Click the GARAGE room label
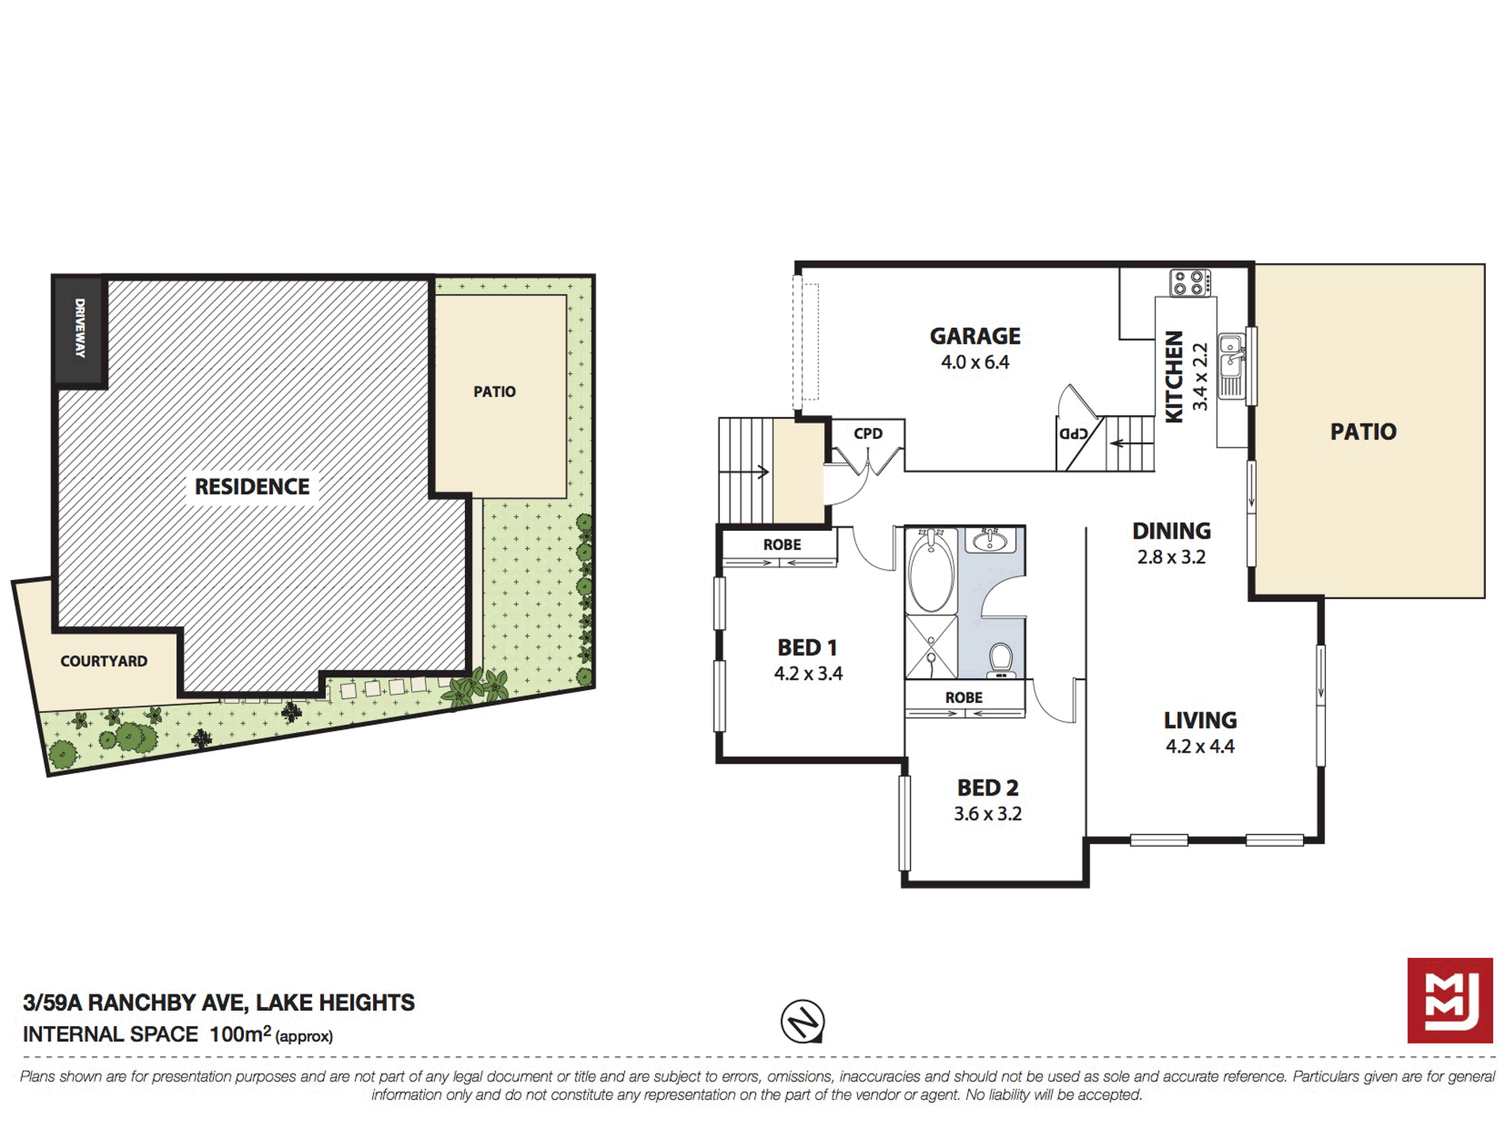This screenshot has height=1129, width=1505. [x=975, y=336]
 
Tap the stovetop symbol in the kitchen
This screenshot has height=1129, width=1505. [x=1191, y=283]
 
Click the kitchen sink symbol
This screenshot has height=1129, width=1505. [x=1231, y=356]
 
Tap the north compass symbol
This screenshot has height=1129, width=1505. [x=802, y=1021]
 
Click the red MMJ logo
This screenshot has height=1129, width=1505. [x=1450, y=1000]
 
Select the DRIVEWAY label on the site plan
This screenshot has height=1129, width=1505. [x=79, y=327]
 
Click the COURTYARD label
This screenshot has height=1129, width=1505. [x=104, y=661]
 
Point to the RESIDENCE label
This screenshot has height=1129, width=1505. [x=252, y=486]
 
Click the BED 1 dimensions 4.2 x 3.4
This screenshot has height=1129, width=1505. [x=808, y=673]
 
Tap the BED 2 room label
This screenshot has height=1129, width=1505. [x=988, y=788]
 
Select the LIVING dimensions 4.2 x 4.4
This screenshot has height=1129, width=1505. [x=1200, y=746]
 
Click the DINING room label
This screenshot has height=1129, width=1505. [x=1172, y=531]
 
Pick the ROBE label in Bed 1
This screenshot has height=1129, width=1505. [x=782, y=544]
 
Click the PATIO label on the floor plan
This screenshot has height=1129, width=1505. [x=1363, y=432]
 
